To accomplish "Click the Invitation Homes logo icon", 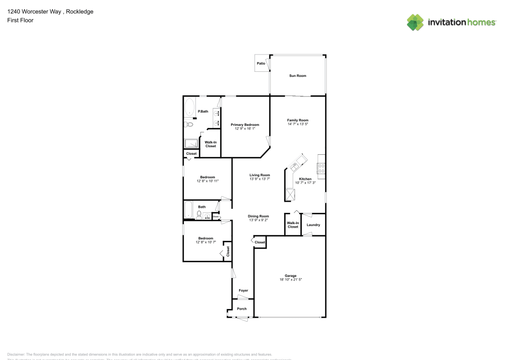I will pyautogui.click(x=415, y=22).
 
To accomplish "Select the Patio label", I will pyautogui.click(x=261, y=64).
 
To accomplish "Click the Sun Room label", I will pyautogui.click(x=298, y=76).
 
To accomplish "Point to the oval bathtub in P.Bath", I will pyautogui.click(x=189, y=107).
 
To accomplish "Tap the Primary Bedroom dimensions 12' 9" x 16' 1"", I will pyautogui.click(x=245, y=129).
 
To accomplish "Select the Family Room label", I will pyautogui.click(x=298, y=120).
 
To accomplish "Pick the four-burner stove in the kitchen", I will pyautogui.click(x=321, y=166).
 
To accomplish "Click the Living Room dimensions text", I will pyautogui.click(x=259, y=179).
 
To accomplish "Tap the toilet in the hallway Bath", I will pyautogui.click(x=199, y=214).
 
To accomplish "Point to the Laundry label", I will pyautogui.click(x=313, y=225).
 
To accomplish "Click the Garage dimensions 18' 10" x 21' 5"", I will pyautogui.click(x=291, y=280).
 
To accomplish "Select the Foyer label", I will pyautogui.click(x=243, y=291).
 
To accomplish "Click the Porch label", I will pyautogui.click(x=242, y=309).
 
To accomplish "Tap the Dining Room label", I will pyautogui.click(x=259, y=216).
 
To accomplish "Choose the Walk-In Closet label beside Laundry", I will pyautogui.click(x=293, y=225).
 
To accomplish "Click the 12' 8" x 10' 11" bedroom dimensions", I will pyautogui.click(x=208, y=181).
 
